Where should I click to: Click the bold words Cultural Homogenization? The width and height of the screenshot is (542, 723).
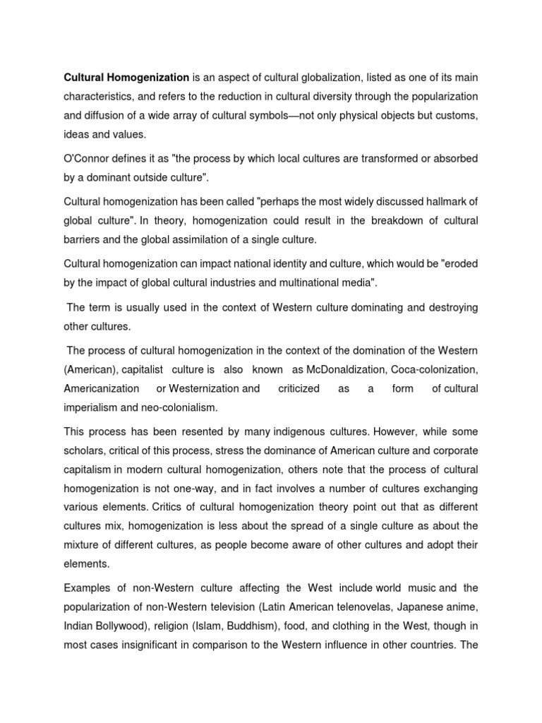(x=127, y=76)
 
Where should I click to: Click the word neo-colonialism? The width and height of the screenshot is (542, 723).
(x=181, y=407)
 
